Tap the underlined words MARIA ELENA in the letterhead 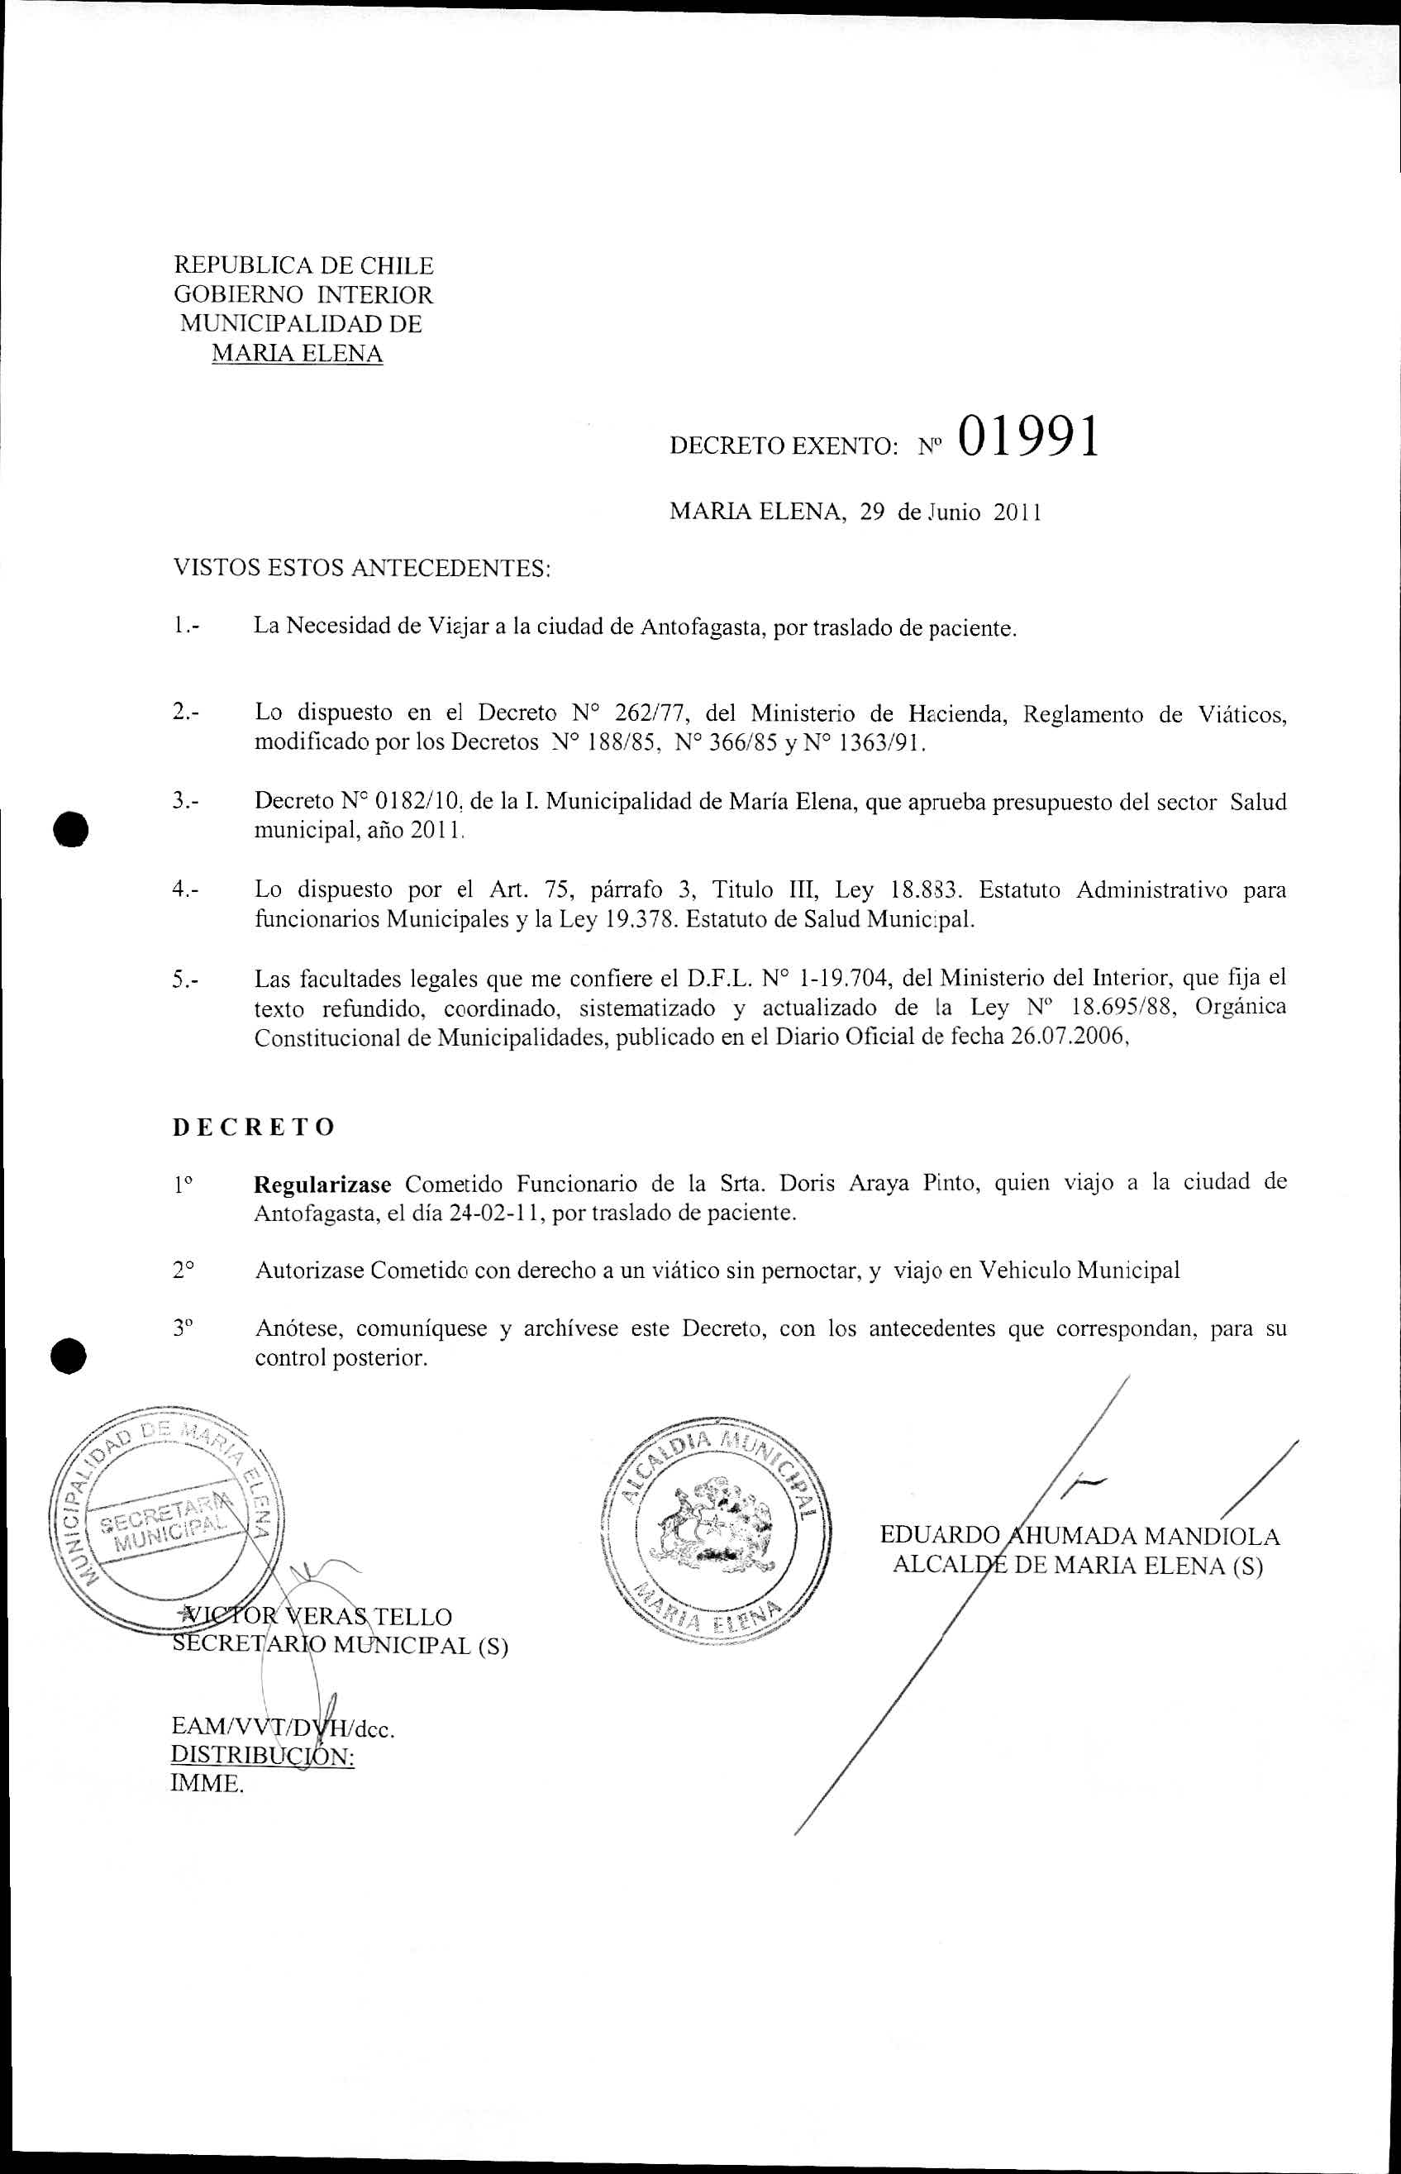click(x=297, y=354)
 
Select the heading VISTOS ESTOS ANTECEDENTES click(x=362, y=570)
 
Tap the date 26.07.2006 click(x=1068, y=1039)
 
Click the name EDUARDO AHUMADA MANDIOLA click(x=1079, y=1537)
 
